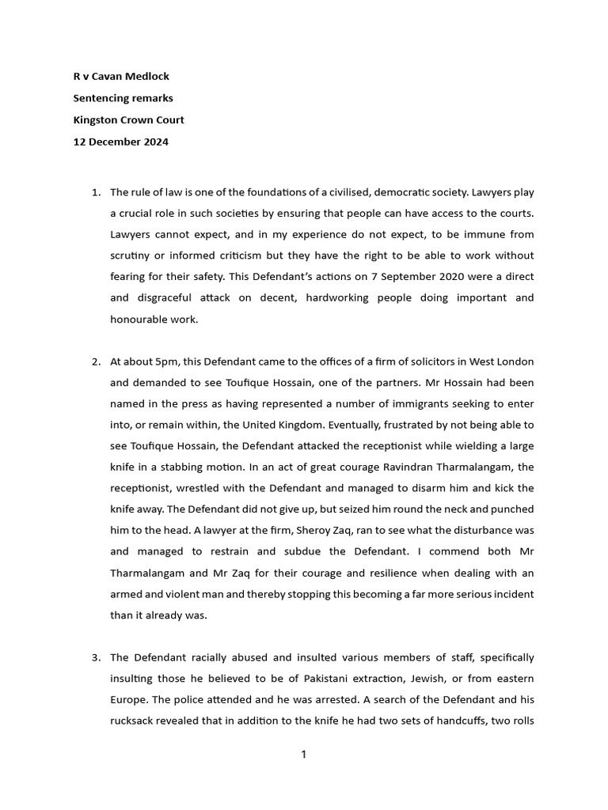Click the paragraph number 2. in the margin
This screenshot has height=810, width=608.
[x=95, y=361]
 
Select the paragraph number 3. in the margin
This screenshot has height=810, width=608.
[x=95, y=657]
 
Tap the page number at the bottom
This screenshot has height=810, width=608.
[x=303, y=755]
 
